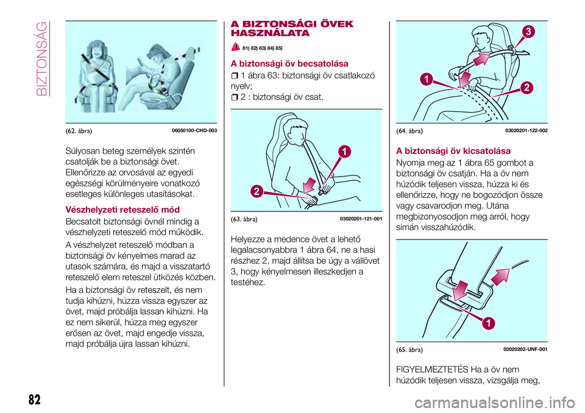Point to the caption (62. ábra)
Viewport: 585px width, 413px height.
point(80,130)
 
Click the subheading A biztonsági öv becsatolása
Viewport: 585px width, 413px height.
point(288,63)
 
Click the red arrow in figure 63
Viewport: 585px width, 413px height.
point(310,183)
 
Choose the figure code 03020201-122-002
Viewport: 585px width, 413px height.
point(526,130)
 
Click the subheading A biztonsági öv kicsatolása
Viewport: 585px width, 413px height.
point(453,150)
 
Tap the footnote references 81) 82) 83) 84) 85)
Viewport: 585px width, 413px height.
point(263,48)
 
